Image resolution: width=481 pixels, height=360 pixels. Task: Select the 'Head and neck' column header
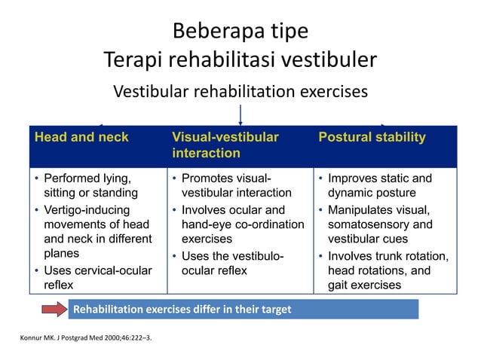[81, 137]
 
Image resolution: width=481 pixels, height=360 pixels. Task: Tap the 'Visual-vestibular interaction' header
[225, 145]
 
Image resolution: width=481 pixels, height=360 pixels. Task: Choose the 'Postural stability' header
[372, 137]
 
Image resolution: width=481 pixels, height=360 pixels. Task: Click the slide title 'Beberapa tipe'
[240, 32]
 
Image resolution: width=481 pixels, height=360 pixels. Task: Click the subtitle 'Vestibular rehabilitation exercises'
[240, 91]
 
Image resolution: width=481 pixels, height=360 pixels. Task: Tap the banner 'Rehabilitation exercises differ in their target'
[182, 309]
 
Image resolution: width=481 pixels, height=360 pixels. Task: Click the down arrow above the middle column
[240, 115]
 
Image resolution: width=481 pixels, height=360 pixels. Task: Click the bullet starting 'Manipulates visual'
[384, 224]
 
